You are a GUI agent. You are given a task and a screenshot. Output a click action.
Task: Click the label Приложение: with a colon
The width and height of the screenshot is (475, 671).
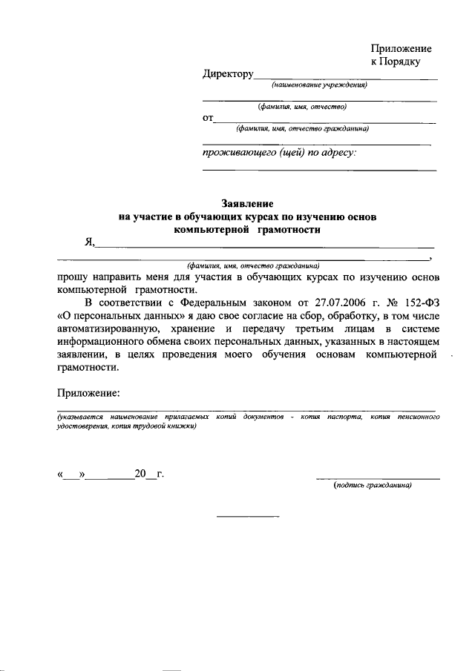pyautogui.click(x=88, y=392)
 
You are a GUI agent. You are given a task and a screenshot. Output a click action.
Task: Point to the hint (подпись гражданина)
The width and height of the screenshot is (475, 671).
pyautogui.click(x=373, y=486)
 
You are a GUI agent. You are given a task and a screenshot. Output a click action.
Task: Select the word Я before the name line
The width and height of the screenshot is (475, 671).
pyautogui.click(x=88, y=241)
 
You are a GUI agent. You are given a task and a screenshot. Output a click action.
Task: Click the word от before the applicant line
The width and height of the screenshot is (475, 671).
pyautogui.click(x=208, y=118)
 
